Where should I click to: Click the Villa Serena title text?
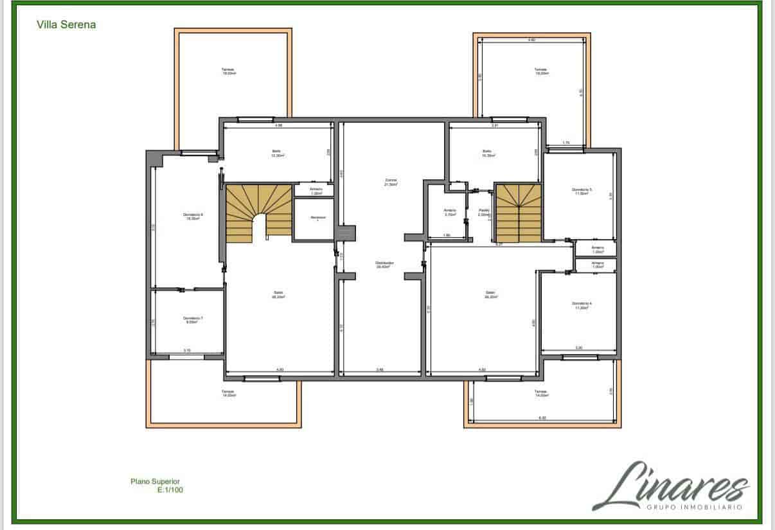(x=67, y=24)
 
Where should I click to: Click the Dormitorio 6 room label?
(x=193, y=216)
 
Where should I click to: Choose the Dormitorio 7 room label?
(x=193, y=319)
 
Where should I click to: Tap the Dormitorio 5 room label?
(x=582, y=191)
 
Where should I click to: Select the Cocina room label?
(x=391, y=181)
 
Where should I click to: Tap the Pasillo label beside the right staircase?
(x=484, y=211)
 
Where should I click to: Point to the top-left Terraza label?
(x=227, y=71)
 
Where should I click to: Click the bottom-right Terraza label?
(x=540, y=393)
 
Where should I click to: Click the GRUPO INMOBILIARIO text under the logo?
(x=693, y=507)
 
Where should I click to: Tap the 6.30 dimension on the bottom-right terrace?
(x=542, y=418)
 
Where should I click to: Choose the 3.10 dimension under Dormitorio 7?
(x=186, y=351)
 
